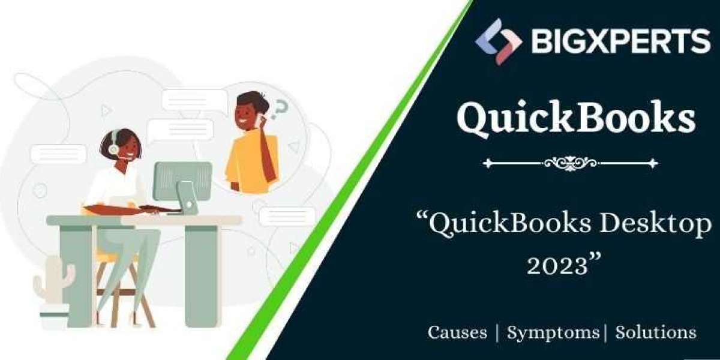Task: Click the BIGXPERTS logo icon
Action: click(498, 42)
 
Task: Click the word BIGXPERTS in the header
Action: click(620, 41)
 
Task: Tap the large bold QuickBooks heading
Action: click(576, 119)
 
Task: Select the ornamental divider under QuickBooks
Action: click(570, 163)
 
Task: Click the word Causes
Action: click(457, 332)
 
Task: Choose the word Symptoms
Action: click(553, 333)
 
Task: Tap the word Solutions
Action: click(656, 332)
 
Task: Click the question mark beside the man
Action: click(279, 109)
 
